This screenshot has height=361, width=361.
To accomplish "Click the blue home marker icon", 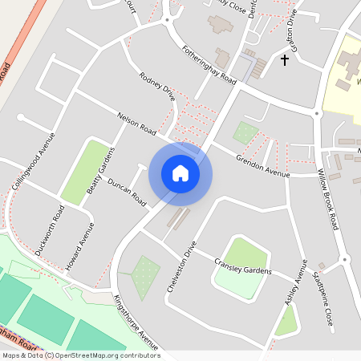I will (x=180, y=173).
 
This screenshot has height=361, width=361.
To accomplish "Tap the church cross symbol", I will (x=284, y=60).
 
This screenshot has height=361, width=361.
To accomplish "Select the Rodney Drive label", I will (x=156, y=88).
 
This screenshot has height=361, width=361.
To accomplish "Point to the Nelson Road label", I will (x=134, y=127).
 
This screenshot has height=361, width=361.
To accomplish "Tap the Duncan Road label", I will (x=127, y=189).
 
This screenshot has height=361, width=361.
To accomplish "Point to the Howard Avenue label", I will (x=80, y=245).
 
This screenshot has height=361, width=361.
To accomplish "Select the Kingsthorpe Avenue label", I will (x=136, y=321).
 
